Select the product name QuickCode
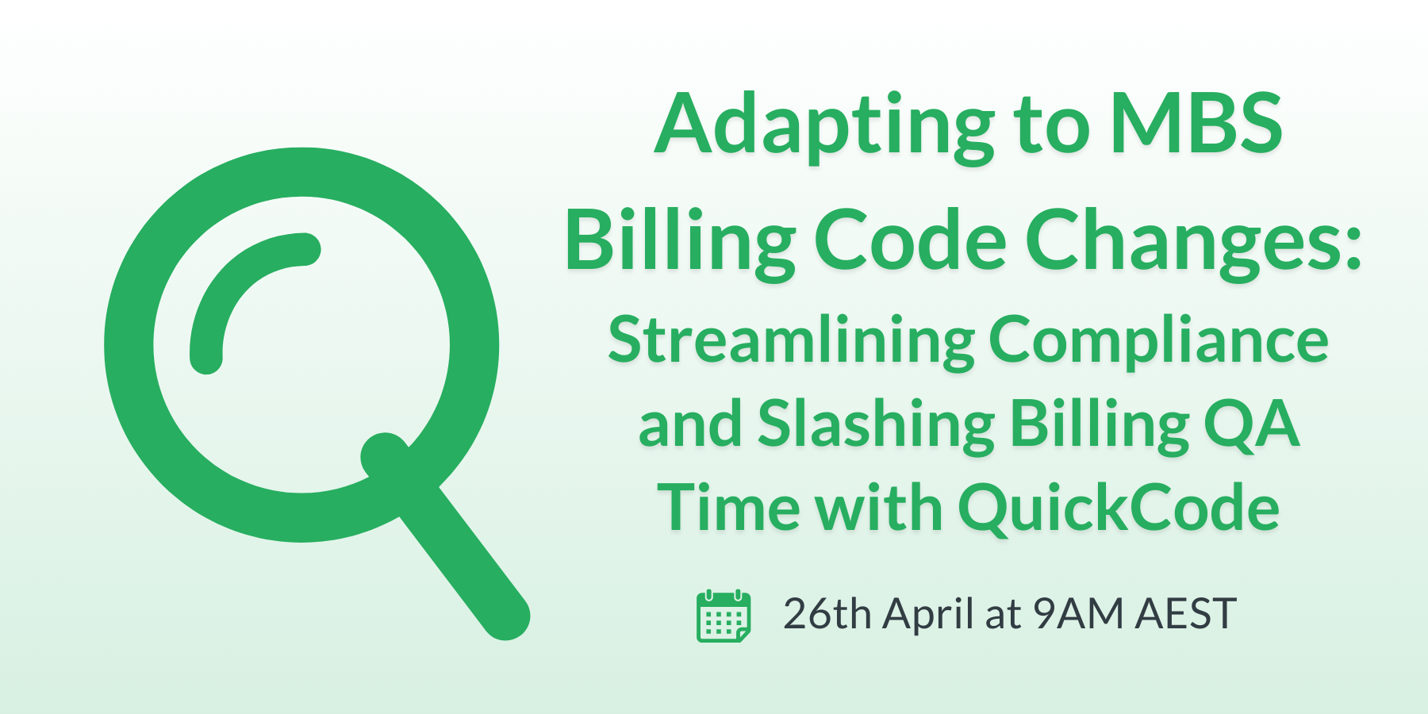[x=1119, y=509]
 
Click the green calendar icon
[x=723, y=616]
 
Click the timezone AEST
[x=1185, y=614]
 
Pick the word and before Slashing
[x=689, y=425]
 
